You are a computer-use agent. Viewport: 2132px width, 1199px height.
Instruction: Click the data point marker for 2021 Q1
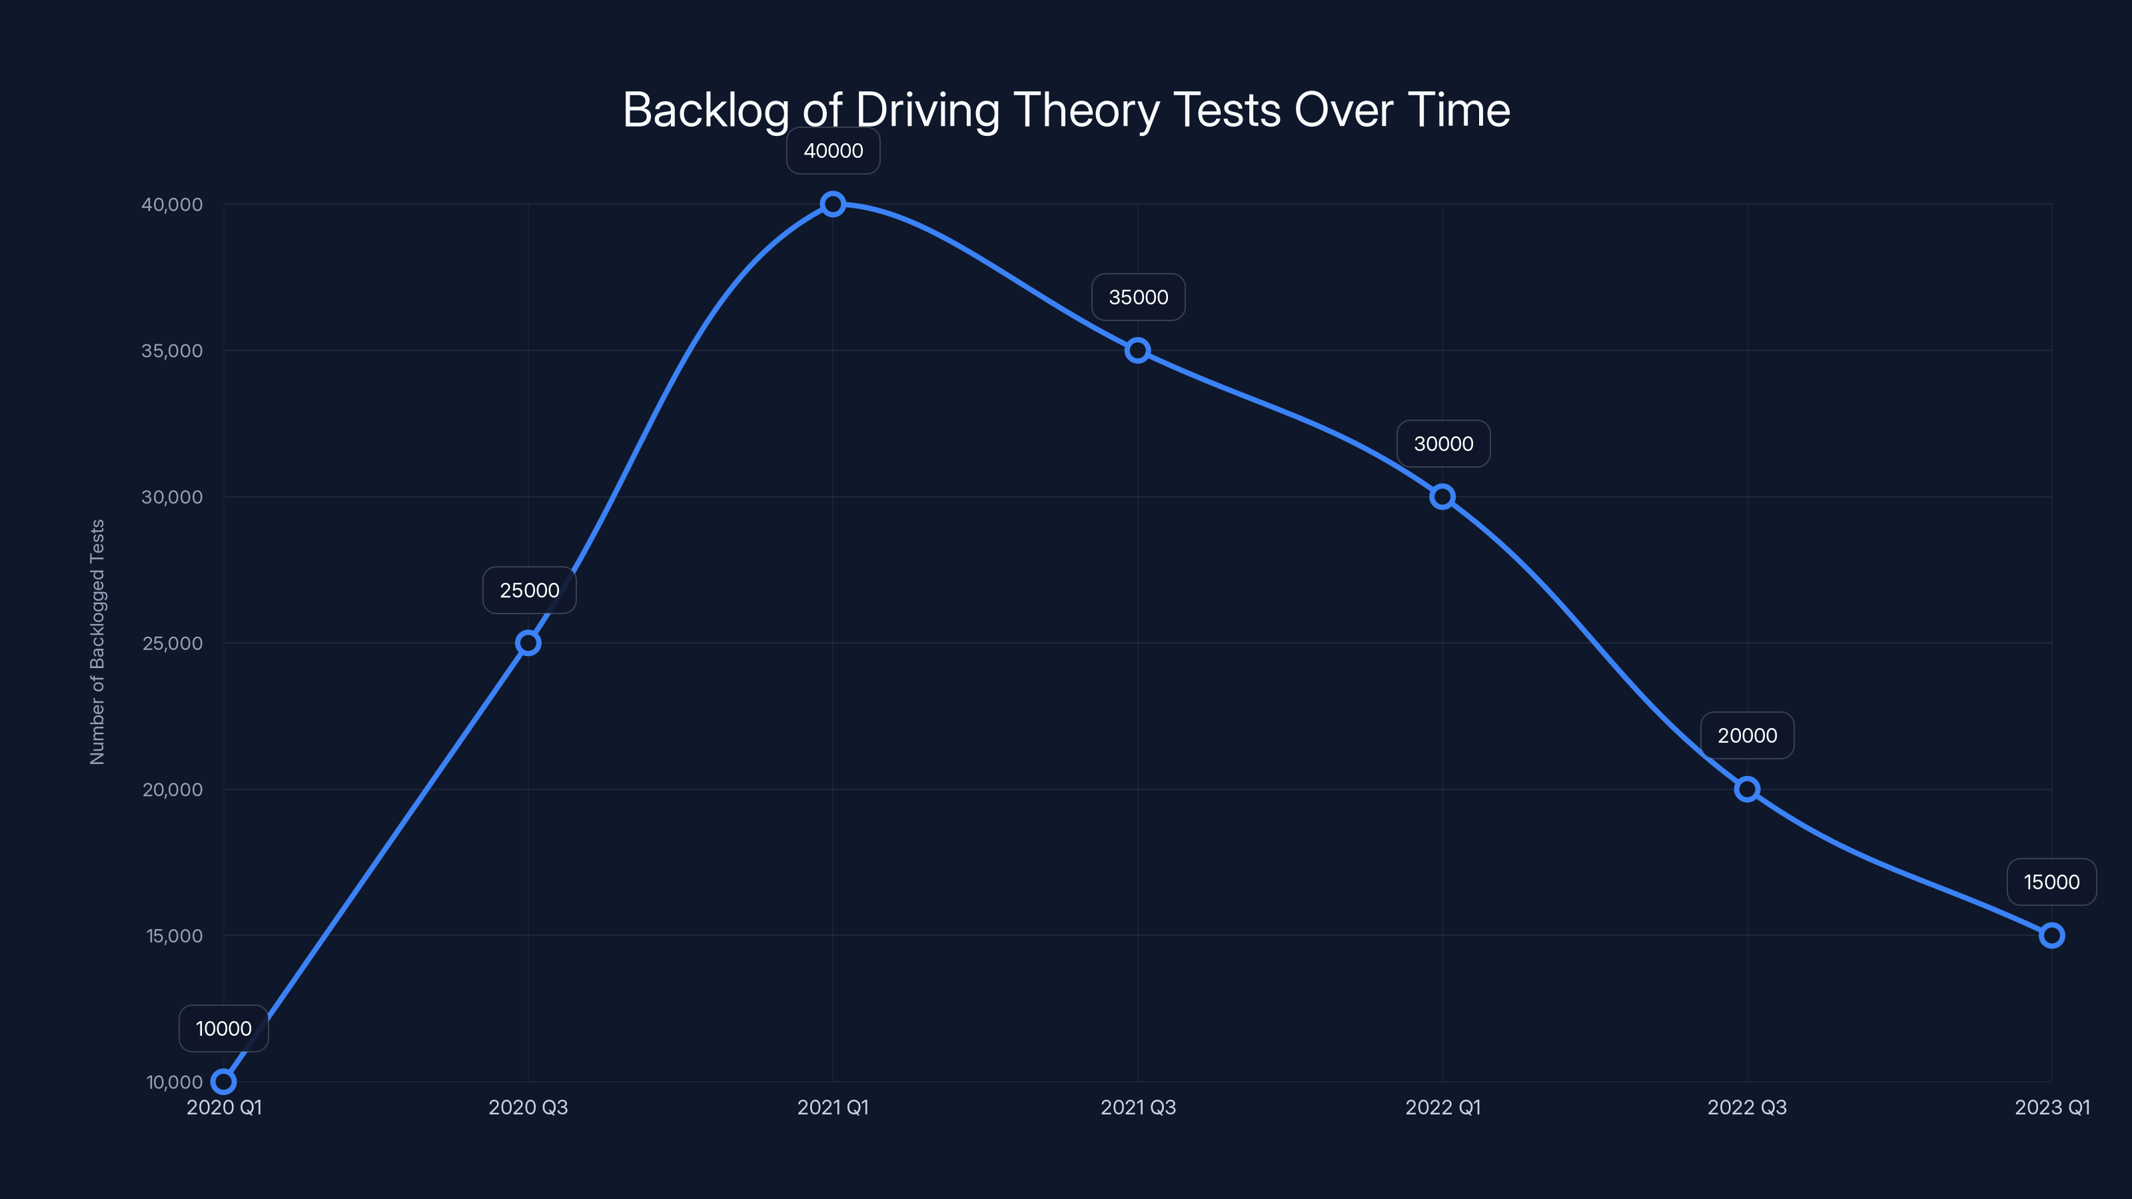point(833,204)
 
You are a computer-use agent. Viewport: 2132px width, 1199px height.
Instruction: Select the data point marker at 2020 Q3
point(528,643)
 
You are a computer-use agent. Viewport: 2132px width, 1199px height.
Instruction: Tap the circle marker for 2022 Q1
point(1442,496)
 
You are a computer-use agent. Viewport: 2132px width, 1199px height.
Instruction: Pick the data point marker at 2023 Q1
point(2052,935)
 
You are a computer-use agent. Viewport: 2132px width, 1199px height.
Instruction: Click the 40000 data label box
point(833,151)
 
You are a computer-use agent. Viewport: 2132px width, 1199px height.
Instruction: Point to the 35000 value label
point(1138,297)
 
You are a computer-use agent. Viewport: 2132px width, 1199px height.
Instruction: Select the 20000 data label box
point(1747,735)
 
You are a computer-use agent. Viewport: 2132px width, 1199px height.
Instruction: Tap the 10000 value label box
point(223,1028)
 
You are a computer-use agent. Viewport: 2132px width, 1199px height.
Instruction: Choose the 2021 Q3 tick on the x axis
point(1138,1107)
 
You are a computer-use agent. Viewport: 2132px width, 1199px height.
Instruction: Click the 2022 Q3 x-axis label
point(1747,1107)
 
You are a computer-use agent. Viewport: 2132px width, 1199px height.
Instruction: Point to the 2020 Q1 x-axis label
point(223,1107)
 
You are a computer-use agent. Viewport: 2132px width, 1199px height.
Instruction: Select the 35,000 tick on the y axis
point(172,351)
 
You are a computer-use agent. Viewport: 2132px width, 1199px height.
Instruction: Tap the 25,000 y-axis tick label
point(172,643)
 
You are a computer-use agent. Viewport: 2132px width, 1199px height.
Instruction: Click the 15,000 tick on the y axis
point(174,936)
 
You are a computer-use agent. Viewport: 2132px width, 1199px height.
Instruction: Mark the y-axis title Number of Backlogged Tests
point(98,642)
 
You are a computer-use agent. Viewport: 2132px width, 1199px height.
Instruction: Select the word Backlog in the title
point(705,110)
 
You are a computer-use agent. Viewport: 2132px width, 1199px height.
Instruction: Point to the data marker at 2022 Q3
point(1747,789)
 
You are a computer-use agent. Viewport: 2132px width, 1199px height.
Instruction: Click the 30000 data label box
point(1442,444)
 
